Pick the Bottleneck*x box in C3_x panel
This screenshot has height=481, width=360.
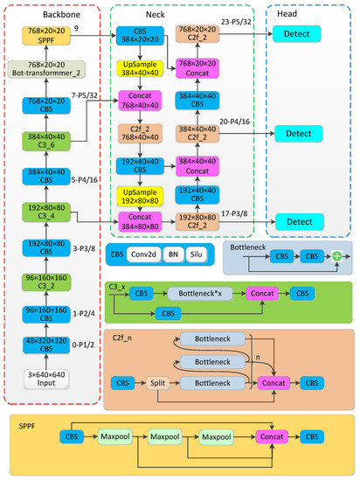pyautogui.click(x=201, y=294)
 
